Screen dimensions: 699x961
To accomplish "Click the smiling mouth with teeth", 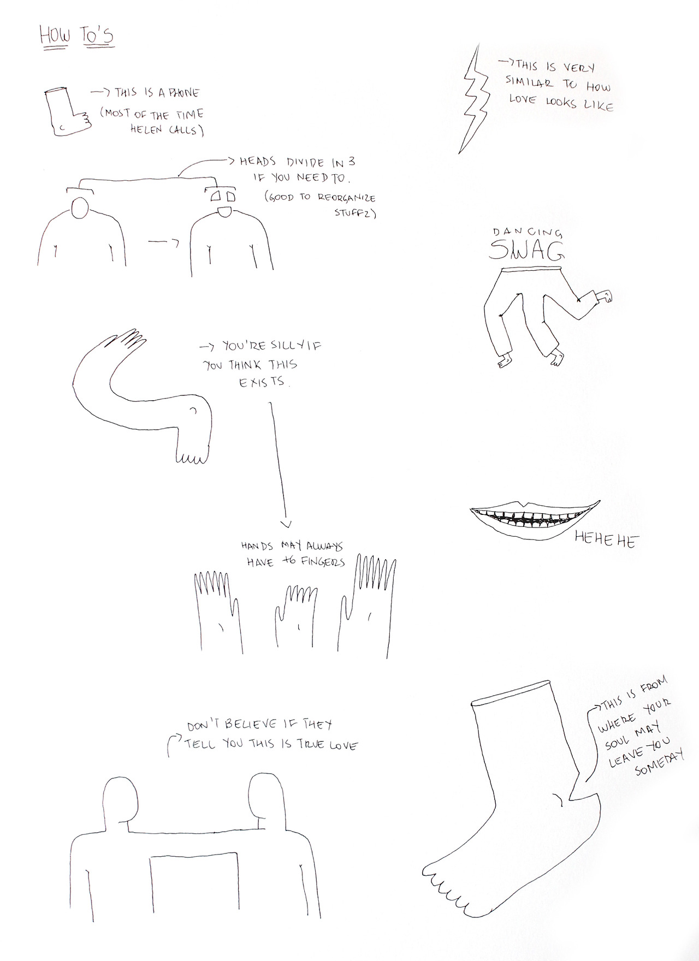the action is (x=535, y=519).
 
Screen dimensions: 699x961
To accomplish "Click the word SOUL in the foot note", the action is (x=617, y=740).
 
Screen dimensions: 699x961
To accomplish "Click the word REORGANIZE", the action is (x=346, y=197).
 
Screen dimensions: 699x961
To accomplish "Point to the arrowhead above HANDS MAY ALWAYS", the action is (x=286, y=524).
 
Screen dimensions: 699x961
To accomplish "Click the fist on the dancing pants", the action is (x=605, y=295).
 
